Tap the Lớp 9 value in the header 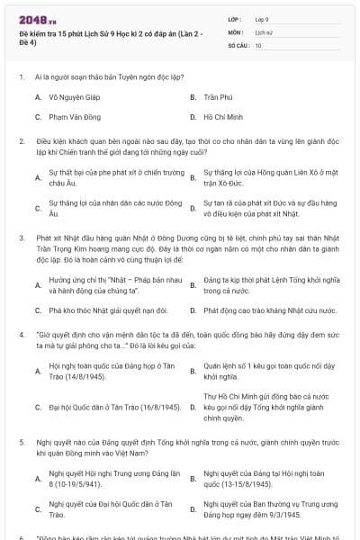[262, 19]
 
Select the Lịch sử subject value [263, 31]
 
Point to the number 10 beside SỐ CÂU [258, 44]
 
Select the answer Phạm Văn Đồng [76, 117]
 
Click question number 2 [21, 141]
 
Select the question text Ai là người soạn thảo [91, 76]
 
